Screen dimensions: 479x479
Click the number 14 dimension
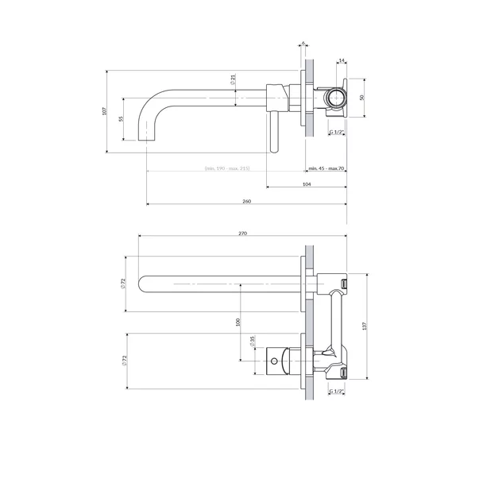pyautogui.click(x=341, y=60)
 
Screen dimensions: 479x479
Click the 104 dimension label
pyautogui.click(x=307, y=183)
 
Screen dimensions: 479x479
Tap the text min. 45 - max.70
pyautogui.click(x=326, y=168)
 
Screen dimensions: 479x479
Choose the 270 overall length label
pyautogui.click(x=243, y=234)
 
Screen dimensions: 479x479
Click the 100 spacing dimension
pyautogui.click(x=238, y=321)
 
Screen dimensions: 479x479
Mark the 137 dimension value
pyautogui.click(x=365, y=325)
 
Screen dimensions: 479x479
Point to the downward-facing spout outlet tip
pyautogui.click(x=148, y=139)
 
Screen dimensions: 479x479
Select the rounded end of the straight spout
pyautogui.click(x=144, y=283)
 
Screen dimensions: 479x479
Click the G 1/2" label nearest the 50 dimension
pyautogui.click(x=338, y=132)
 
